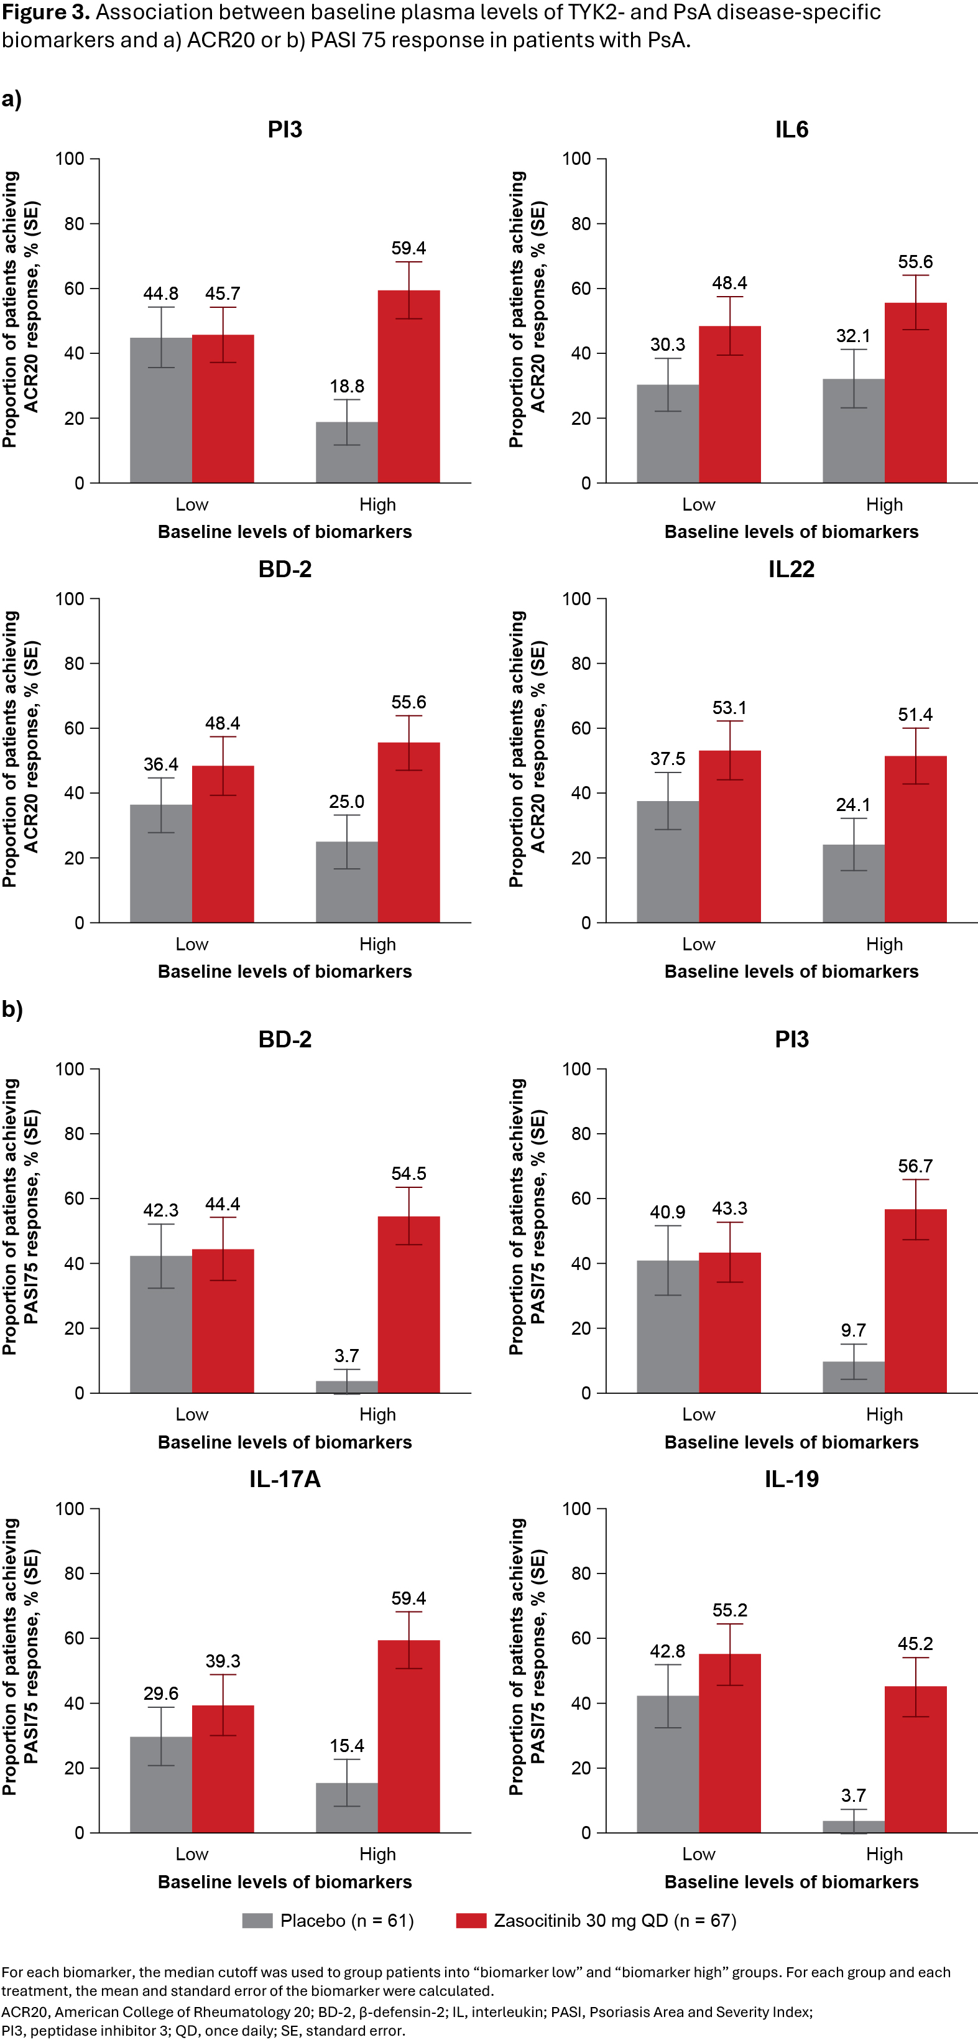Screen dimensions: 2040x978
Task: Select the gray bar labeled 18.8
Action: pyautogui.click(x=347, y=452)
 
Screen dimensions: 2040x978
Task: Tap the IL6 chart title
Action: pyautogui.click(x=791, y=130)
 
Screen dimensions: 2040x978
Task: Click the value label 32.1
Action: pyautogui.click(x=853, y=336)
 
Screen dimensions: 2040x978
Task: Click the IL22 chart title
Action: pyautogui.click(x=791, y=569)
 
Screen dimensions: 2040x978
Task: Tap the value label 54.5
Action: pyautogui.click(x=408, y=1174)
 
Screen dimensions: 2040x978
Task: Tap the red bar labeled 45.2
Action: pyautogui.click(x=915, y=1759)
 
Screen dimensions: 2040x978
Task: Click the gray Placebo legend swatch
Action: pyautogui.click(x=257, y=1921)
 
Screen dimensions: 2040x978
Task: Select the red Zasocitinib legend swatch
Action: pyautogui.click(x=471, y=1921)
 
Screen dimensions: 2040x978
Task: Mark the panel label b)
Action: pyautogui.click(x=12, y=1009)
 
